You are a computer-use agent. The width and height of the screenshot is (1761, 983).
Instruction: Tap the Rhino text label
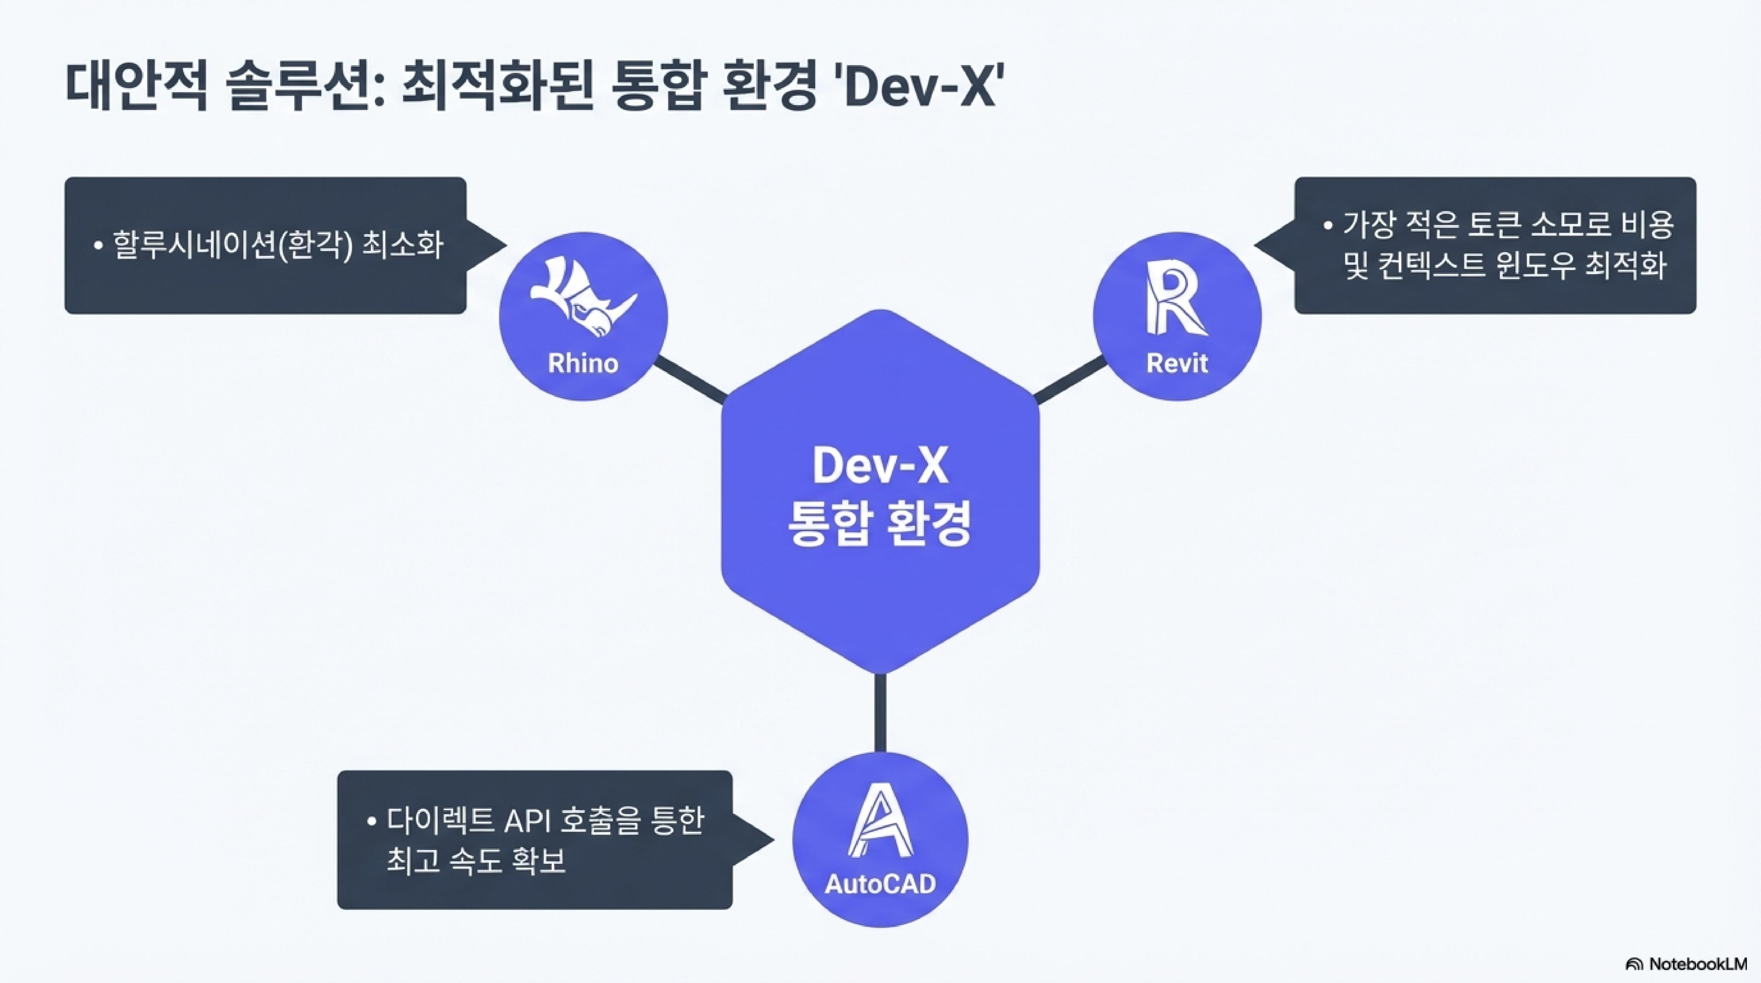pos(583,363)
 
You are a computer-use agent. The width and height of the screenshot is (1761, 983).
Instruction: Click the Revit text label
pos(1176,363)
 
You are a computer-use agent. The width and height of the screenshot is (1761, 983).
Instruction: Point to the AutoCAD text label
pos(880,884)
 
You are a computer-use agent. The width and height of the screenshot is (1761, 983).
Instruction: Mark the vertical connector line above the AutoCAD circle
pos(880,713)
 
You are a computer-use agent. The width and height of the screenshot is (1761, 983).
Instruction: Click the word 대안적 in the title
pos(135,87)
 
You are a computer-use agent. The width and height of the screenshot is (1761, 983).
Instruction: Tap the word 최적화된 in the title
pos(496,87)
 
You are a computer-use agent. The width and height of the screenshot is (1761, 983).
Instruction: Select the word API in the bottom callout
pos(528,821)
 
